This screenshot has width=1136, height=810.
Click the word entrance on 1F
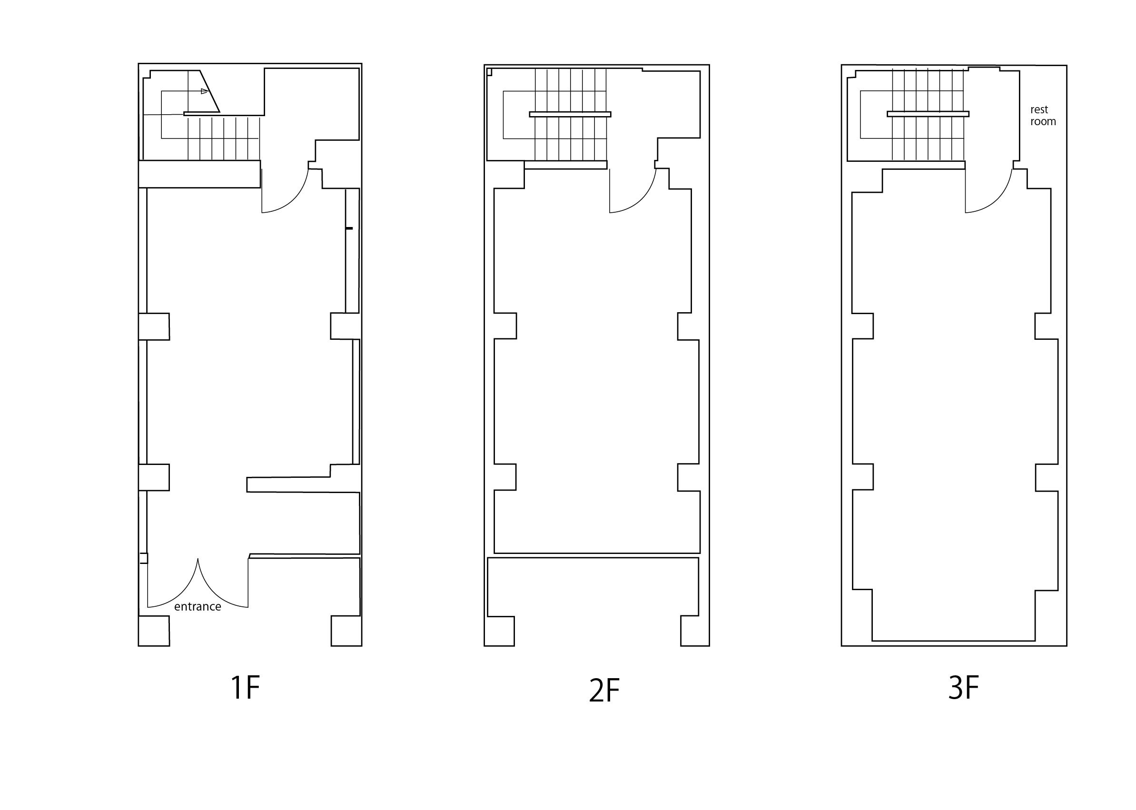pos(198,607)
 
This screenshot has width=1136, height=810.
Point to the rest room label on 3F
pos(1043,116)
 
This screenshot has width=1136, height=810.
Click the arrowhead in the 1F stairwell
pos(204,91)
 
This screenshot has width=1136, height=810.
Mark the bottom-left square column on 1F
pos(154,631)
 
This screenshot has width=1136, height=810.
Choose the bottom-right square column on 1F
pos(346,631)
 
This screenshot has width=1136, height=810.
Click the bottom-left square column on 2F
pos(499,632)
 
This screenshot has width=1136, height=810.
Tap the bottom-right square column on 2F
pos(695,632)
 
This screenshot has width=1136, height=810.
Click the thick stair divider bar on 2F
pos(570,114)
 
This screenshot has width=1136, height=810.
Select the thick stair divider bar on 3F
pos(928,114)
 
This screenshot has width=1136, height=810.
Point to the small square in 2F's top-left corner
pos(489,72)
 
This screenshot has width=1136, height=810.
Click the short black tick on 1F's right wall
pos(349,228)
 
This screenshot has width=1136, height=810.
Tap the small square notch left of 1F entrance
pos(143,558)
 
